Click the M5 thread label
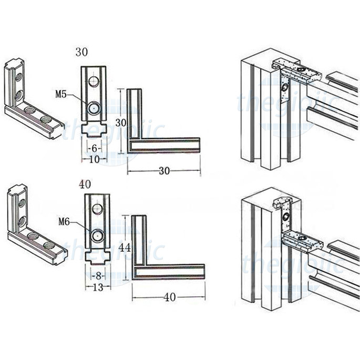click(61, 95)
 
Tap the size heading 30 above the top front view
click(81, 52)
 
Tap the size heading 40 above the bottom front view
click(85, 184)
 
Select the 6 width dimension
click(94, 148)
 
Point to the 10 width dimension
click(94, 158)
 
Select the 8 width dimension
click(97, 275)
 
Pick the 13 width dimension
click(97, 286)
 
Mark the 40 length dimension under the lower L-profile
click(168, 297)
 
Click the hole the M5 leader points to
click(94, 107)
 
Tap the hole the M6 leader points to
click(97, 235)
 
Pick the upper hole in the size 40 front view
click(97, 209)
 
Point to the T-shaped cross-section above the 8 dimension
click(97, 257)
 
